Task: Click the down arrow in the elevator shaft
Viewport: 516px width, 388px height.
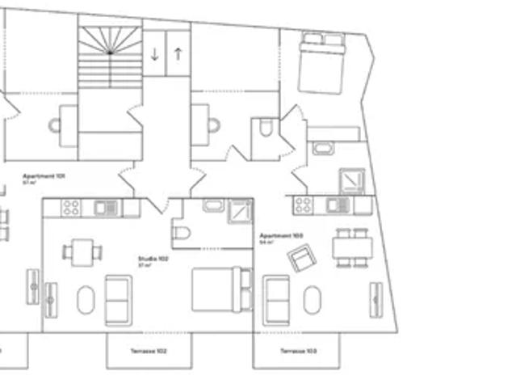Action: pyautogui.click(x=154, y=55)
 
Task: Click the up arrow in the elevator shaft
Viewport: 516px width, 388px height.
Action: pyautogui.click(x=178, y=55)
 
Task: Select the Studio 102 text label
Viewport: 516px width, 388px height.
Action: pyautogui.click(x=153, y=259)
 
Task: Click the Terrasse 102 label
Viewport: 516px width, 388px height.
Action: pyautogui.click(x=149, y=351)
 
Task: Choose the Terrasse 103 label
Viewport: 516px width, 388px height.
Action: pyautogui.click(x=297, y=351)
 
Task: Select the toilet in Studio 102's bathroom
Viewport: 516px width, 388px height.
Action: pyautogui.click(x=182, y=234)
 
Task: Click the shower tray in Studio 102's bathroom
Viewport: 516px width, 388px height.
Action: pyautogui.click(x=239, y=209)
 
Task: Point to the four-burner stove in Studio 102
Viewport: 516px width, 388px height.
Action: pyautogui.click(x=71, y=208)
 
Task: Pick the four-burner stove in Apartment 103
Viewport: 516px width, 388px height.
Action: pyautogui.click(x=304, y=205)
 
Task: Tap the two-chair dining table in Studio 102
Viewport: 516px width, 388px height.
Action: pyautogui.click(x=81, y=251)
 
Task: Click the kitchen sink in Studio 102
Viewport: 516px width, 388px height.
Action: pyautogui.click(x=104, y=208)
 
